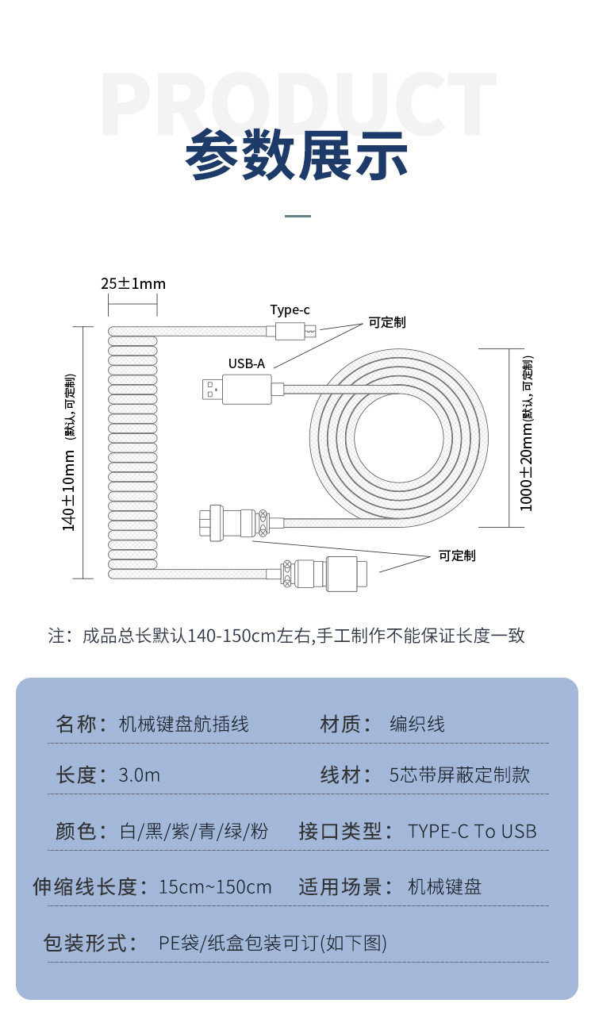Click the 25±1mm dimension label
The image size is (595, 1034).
(x=133, y=284)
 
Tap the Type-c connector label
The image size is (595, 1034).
(x=290, y=310)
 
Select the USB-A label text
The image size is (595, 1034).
(x=247, y=364)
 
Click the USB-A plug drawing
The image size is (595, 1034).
(x=239, y=388)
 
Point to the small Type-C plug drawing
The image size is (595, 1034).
(x=295, y=330)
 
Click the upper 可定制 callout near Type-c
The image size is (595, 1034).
(x=387, y=323)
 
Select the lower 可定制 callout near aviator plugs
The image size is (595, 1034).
(x=457, y=555)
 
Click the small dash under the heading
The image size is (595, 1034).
(x=297, y=216)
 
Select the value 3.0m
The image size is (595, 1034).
(x=140, y=775)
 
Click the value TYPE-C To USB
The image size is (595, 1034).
(x=472, y=832)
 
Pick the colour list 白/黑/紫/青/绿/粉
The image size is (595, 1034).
(x=194, y=832)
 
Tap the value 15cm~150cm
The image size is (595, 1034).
(x=215, y=887)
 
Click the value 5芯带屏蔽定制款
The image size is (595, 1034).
(x=459, y=775)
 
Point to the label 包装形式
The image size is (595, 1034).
(x=85, y=944)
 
